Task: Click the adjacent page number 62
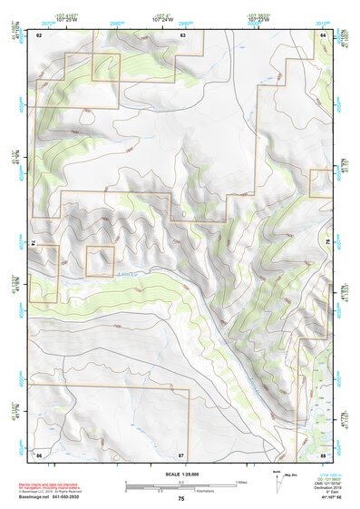pyautogui.click(x=39, y=34)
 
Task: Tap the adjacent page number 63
pyautogui.click(x=182, y=34)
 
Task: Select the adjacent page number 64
pyautogui.click(x=323, y=34)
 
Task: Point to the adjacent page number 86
pyautogui.click(x=39, y=454)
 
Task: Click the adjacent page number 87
pyautogui.click(x=181, y=454)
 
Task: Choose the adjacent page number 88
pyautogui.click(x=323, y=454)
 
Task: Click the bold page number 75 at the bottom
pyautogui.click(x=181, y=498)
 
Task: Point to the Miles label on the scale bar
pyautogui.click(x=241, y=481)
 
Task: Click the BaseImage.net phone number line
pyautogui.click(x=57, y=496)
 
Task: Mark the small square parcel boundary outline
pyautogui.click(x=100, y=261)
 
